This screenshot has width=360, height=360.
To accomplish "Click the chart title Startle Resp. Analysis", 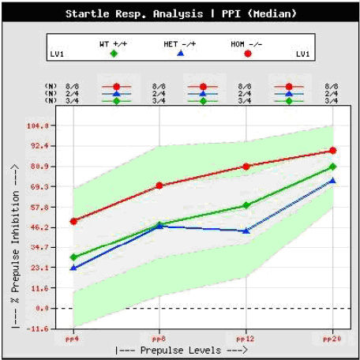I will pos(139,13).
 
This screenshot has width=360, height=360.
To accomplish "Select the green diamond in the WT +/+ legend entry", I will pos(114,54).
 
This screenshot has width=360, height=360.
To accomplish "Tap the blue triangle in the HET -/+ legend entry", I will pos(180,54).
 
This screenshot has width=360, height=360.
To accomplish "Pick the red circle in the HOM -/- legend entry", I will pos(249,54).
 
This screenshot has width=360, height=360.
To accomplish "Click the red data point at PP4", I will pos(73,221).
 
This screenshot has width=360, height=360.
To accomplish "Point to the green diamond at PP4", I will pos(73,257).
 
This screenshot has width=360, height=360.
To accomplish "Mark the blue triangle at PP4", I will pos(73,268).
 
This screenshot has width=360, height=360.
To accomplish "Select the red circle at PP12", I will pos(246,167).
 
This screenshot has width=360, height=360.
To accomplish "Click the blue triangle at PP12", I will pos(246,231).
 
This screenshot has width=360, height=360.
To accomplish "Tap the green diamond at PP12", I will pos(246,205).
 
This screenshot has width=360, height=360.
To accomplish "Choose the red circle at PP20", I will pos(332,151).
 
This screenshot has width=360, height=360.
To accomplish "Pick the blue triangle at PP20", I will pos(332,181).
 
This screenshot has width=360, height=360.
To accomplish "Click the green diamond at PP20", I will pos(332,167).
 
